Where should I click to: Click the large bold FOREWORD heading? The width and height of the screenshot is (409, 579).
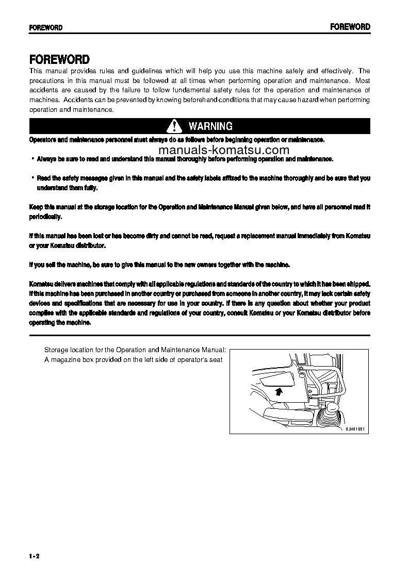click(59, 59)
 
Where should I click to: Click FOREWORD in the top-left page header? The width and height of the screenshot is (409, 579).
click(45, 28)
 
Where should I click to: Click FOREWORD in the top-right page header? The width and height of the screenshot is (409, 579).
click(350, 27)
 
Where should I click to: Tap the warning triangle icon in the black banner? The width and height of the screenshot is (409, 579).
click(175, 126)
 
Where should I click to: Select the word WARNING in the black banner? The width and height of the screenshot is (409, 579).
click(210, 126)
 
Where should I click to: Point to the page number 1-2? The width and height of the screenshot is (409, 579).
click(35, 555)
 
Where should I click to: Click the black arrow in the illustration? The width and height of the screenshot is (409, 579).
click(279, 392)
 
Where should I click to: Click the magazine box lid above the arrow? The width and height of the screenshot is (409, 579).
click(276, 382)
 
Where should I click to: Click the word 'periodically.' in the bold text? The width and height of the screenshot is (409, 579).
click(45, 217)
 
